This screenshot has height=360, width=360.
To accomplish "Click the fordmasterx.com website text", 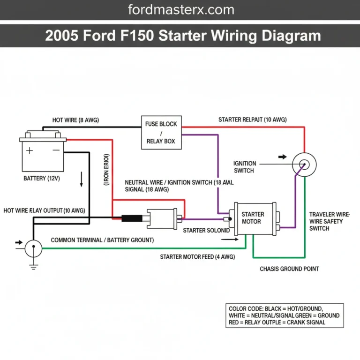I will (180, 9).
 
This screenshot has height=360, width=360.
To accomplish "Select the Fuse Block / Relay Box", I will (161, 132).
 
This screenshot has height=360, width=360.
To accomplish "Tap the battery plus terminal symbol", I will (30, 150).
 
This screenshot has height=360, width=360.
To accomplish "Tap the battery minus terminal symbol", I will (56, 150).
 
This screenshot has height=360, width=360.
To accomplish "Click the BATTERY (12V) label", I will (41, 179).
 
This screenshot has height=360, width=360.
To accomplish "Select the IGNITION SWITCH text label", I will (245, 167).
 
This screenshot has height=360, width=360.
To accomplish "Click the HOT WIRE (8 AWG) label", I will (75, 120).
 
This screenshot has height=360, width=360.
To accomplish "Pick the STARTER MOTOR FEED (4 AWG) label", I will (197, 257).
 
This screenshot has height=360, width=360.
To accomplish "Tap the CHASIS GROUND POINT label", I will (289, 269).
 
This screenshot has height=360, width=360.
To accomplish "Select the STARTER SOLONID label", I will (206, 231).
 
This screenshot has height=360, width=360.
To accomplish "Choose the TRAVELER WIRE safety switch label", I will (326, 221).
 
